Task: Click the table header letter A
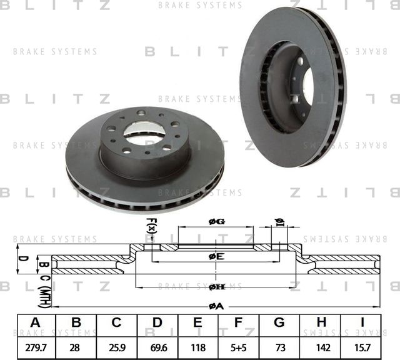click(36, 322)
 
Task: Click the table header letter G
click(279, 322)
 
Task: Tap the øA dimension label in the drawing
click(216, 305)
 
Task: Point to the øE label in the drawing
click(216, 256)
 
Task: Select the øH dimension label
click(216, 286)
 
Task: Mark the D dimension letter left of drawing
click(20, 257)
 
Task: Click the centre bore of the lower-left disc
click(144, 131)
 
